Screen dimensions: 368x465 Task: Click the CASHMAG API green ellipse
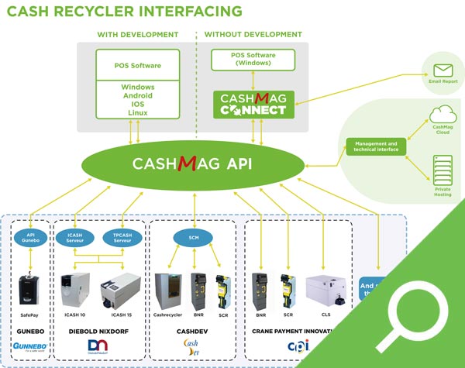pyautogui.click(x=194, y=163)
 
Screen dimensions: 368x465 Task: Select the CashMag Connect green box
pyautogui.click(x=252, y=104)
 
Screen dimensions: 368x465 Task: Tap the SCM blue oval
pyautogui.click(x=194, y=237)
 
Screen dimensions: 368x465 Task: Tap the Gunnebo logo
pyautogui.click(x=30, y=343)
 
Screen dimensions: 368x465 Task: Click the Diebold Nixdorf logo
pyautogui.click(x=98, y=347)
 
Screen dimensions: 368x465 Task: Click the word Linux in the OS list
pyautogui.click(x=137, y=113)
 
